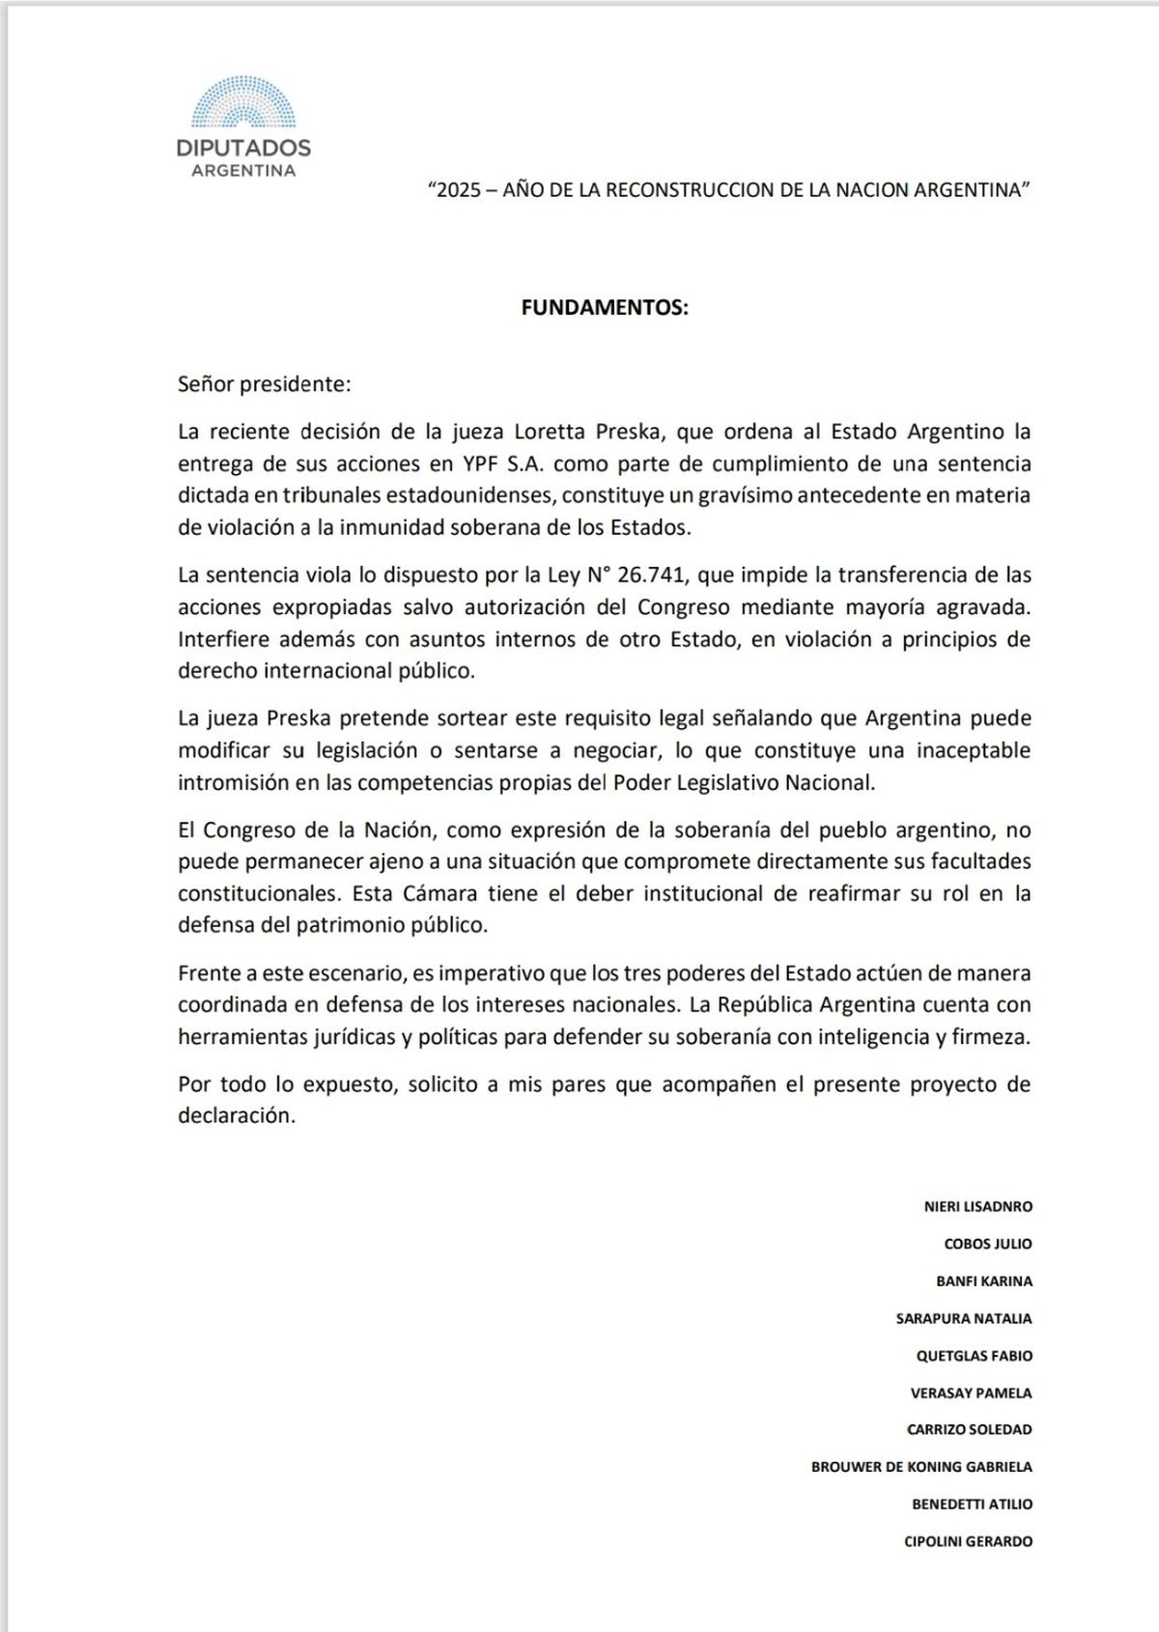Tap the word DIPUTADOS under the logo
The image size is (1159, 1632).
(243, 149)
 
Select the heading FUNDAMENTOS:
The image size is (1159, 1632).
(605, 308)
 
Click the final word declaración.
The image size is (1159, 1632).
(236, 1115)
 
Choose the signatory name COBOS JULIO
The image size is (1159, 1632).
(987, 1244)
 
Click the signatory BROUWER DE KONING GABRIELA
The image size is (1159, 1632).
(921, 1466)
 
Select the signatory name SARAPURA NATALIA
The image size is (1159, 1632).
(965, 1318)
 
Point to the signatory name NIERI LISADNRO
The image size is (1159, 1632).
(977, 1207)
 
